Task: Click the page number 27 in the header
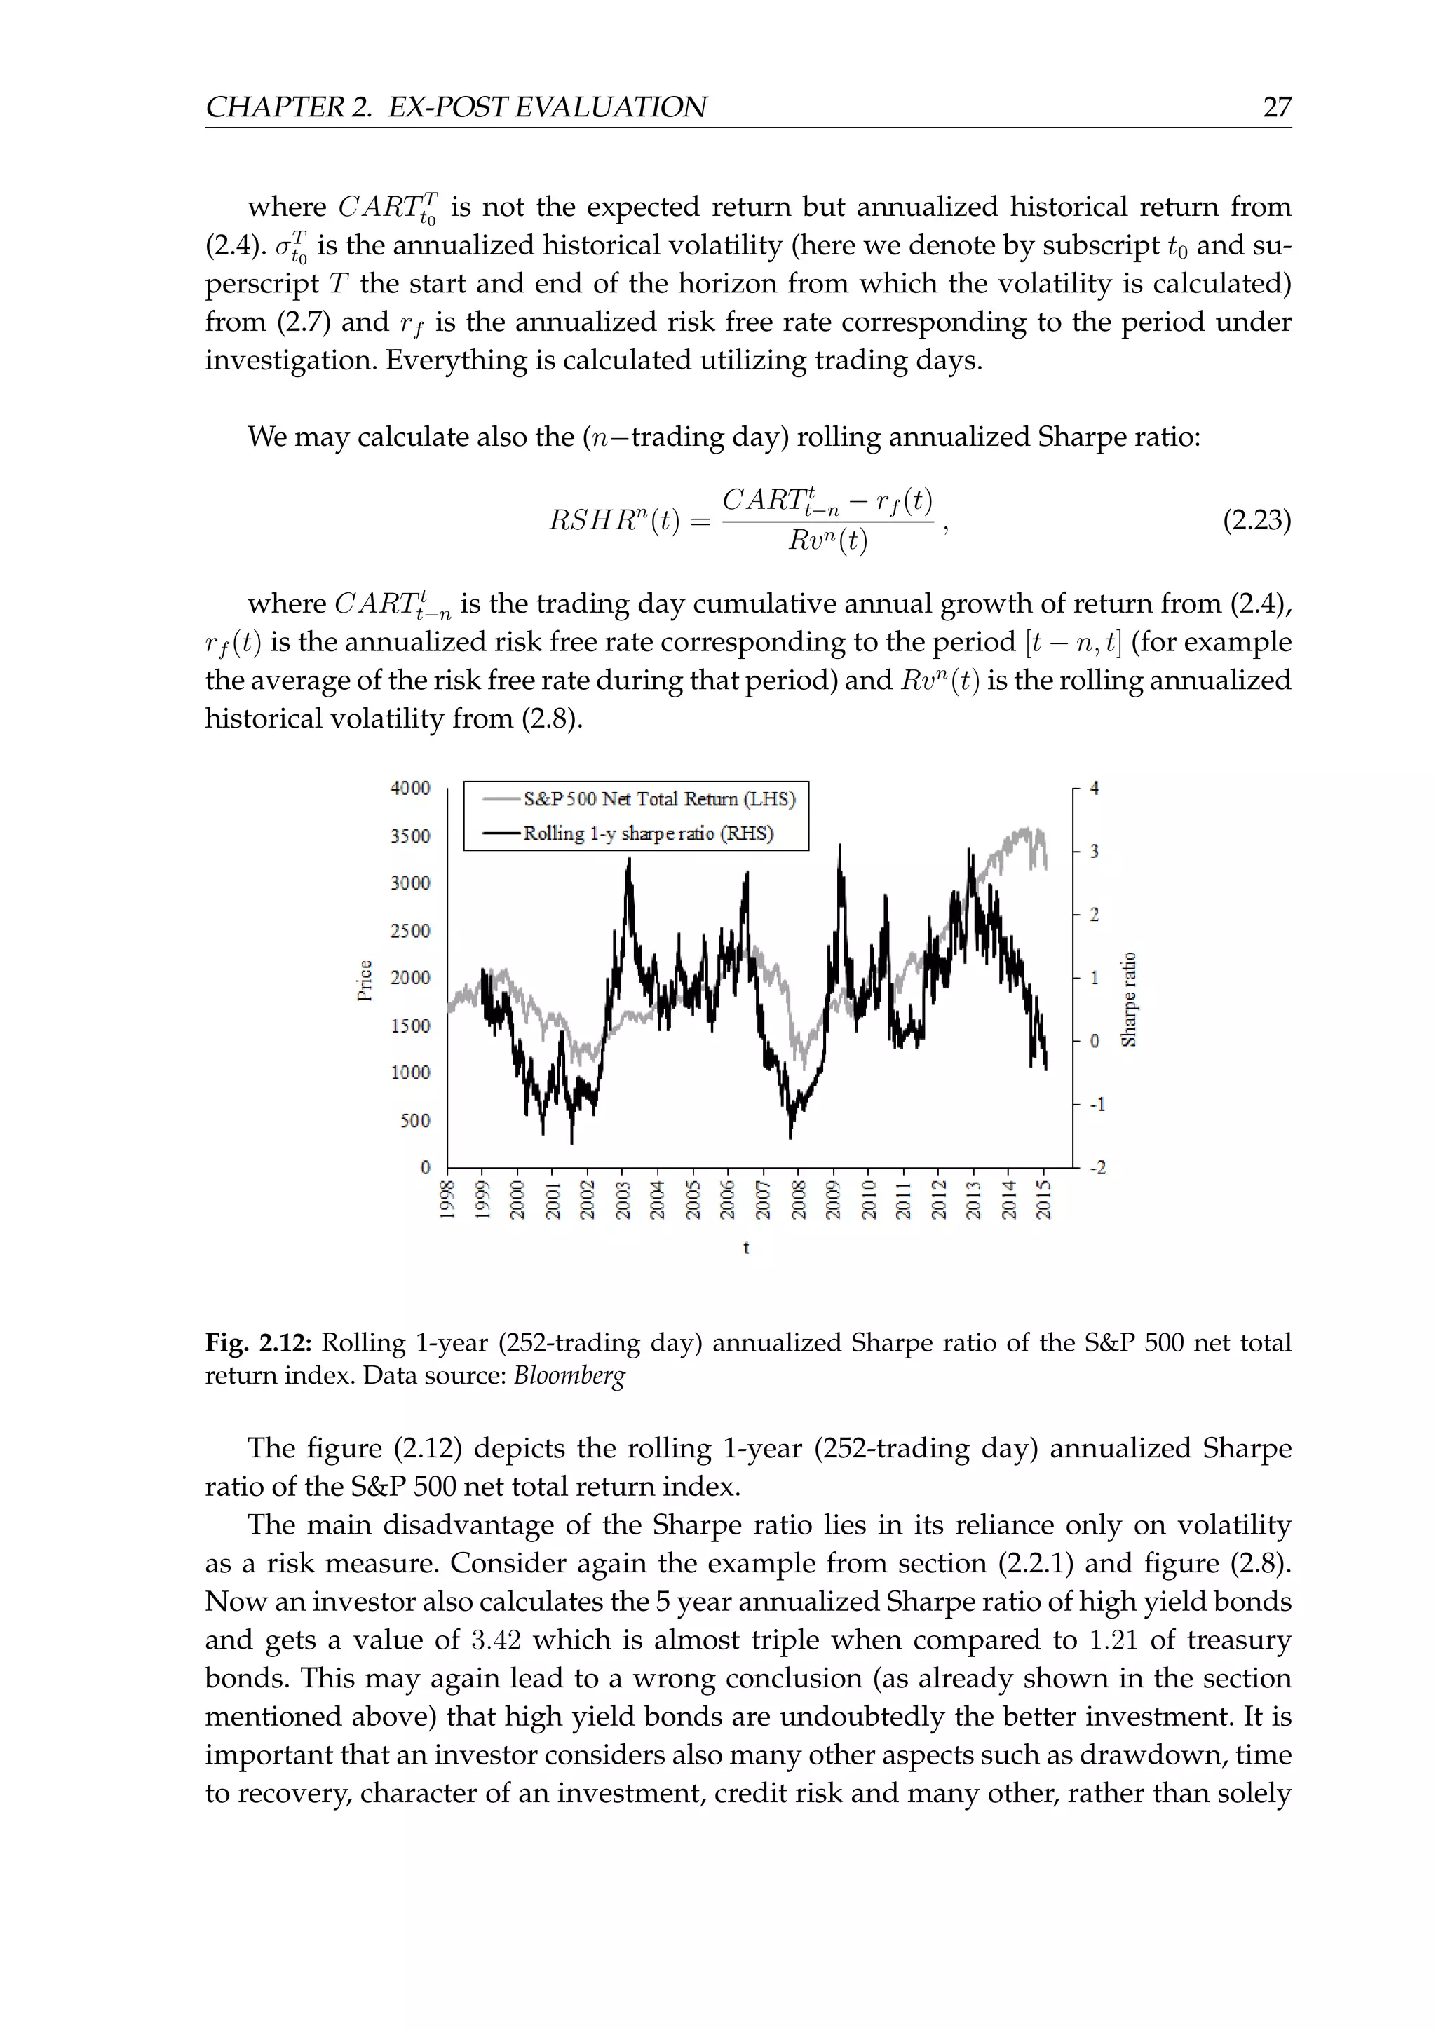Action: click(1276, 107)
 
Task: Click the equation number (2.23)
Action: click(1256, 521)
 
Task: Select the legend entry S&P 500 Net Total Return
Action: click(659, 799)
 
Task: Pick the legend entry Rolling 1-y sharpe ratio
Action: click(647, 833)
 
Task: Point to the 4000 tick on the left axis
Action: click(410, 788)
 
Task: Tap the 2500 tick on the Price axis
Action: click(410, 930)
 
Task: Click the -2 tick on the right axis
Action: click(1097, 1168)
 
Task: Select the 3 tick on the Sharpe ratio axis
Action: click(1094, 852)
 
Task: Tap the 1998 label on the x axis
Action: click(447, 1200)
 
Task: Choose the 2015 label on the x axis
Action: click(1043, 1200)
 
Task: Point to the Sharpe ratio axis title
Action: click(1128, 999)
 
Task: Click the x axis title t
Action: click(746, 1248)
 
